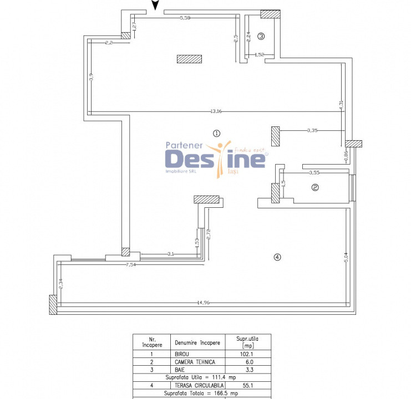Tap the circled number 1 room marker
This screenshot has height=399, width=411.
click(x=216, y=133)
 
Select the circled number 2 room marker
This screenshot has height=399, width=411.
click(x=315, y=188)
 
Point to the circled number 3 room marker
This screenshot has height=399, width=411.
click(x=261, y=37)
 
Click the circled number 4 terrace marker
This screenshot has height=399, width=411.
click(x=277, y=257)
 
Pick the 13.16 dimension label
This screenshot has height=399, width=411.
click(x=216, y=111)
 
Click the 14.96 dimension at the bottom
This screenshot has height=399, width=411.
click(x=204, y=303)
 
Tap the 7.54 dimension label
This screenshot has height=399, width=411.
click(x=131, y=265)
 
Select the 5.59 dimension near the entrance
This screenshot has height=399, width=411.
click(x=185, y=18)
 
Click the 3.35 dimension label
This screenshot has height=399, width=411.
click(x=312, y=130)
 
